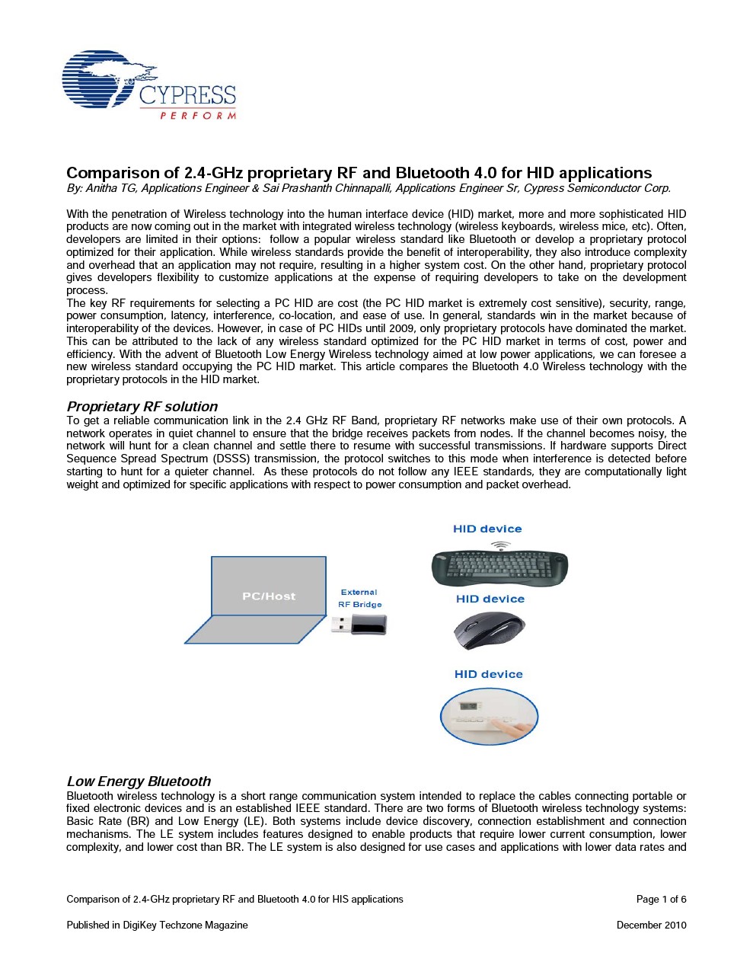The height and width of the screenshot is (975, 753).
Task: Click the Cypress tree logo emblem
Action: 99,80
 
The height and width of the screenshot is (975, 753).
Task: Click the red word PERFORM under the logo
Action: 197,116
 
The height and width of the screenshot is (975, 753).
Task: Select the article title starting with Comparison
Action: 359,173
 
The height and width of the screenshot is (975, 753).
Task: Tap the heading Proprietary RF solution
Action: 142,407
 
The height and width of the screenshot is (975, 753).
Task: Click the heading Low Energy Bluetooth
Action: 139,782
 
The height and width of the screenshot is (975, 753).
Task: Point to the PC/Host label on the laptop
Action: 269,596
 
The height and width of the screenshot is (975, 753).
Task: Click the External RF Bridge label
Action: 359,599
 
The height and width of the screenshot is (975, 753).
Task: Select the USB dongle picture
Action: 359,625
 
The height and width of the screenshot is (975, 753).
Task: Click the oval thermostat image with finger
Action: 489,716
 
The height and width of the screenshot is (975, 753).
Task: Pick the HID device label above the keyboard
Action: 487,529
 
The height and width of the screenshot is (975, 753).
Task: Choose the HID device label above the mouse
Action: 490,599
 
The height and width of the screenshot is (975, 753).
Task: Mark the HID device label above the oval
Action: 489,674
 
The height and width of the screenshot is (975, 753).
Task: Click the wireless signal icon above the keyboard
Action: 500,545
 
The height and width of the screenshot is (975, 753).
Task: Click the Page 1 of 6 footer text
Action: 661,900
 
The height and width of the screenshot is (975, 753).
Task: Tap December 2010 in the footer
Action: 651,925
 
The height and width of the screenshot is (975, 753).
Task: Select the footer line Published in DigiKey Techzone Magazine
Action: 157,925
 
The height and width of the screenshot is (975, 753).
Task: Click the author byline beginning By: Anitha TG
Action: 369,188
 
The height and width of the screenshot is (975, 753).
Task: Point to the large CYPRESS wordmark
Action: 187,96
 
